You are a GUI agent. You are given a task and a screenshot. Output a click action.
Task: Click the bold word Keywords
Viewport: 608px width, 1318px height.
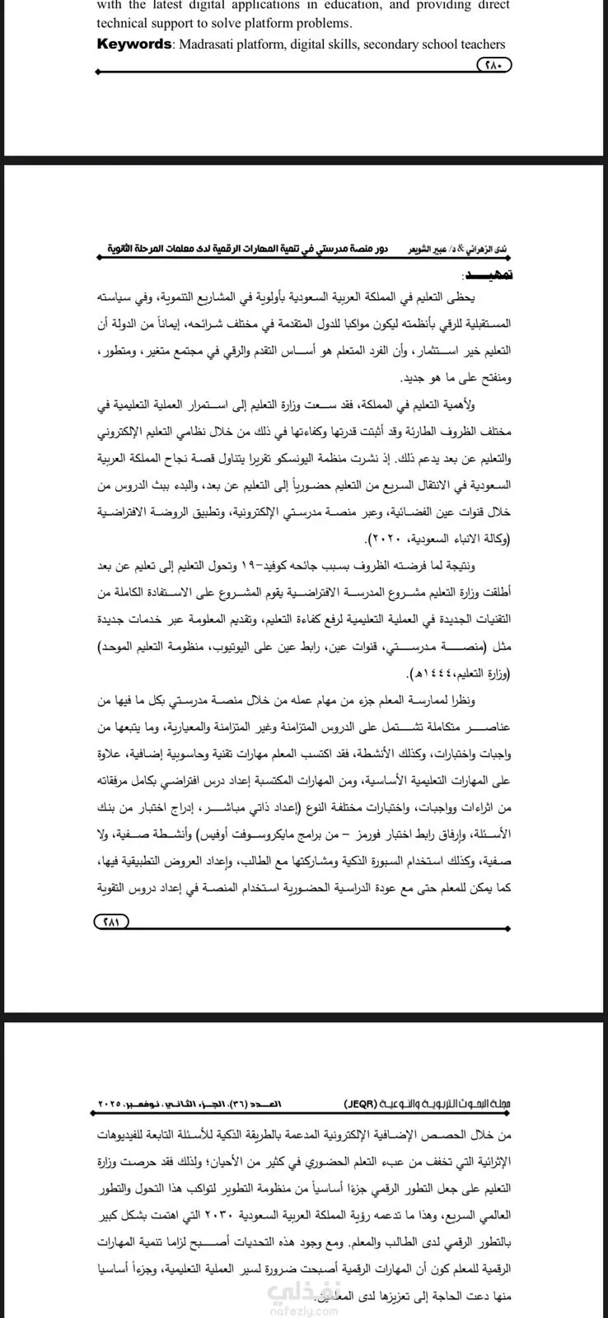pos(133,44)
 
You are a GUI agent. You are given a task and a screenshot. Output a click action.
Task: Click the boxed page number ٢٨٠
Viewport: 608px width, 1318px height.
pos(493,65)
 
